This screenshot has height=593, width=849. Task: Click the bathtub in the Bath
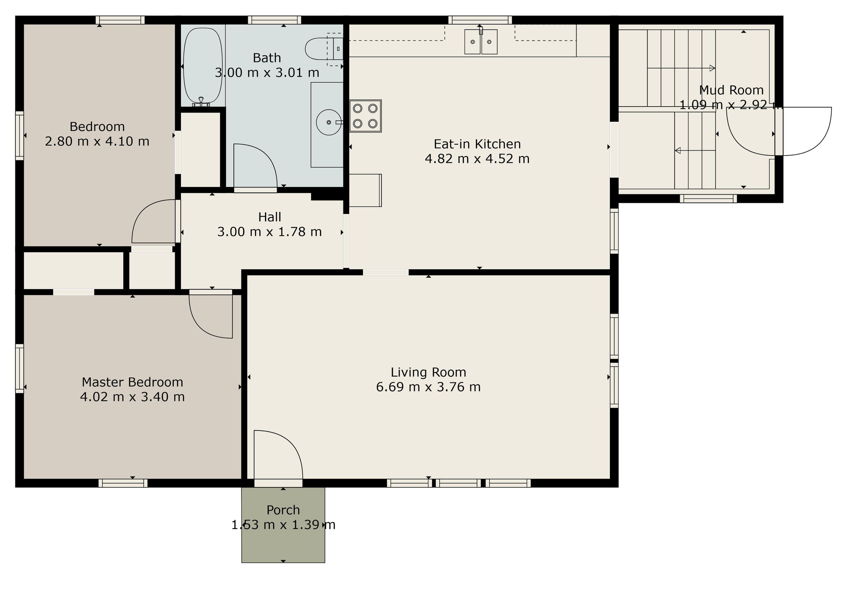[203, 66]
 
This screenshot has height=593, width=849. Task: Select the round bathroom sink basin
[329, 122]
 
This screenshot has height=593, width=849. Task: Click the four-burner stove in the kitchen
[365, 116]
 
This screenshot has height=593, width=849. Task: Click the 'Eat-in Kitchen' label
[477, 144]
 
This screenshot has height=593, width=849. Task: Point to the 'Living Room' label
[428, 372]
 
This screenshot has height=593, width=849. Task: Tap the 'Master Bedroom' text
[132, 382]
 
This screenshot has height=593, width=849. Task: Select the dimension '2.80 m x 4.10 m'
[97, 141]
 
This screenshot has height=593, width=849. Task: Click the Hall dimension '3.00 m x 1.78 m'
[270, 232]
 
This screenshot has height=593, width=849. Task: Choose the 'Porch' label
[283, 510]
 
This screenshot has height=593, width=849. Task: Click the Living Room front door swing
[288, 444]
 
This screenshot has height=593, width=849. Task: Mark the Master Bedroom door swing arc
[201, 326]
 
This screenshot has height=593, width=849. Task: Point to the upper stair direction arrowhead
[713, 68]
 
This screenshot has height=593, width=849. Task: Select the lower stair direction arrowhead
[678, 151]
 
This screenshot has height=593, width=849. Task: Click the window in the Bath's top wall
[275, 20]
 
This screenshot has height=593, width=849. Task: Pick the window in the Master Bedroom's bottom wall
[123, 483]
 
